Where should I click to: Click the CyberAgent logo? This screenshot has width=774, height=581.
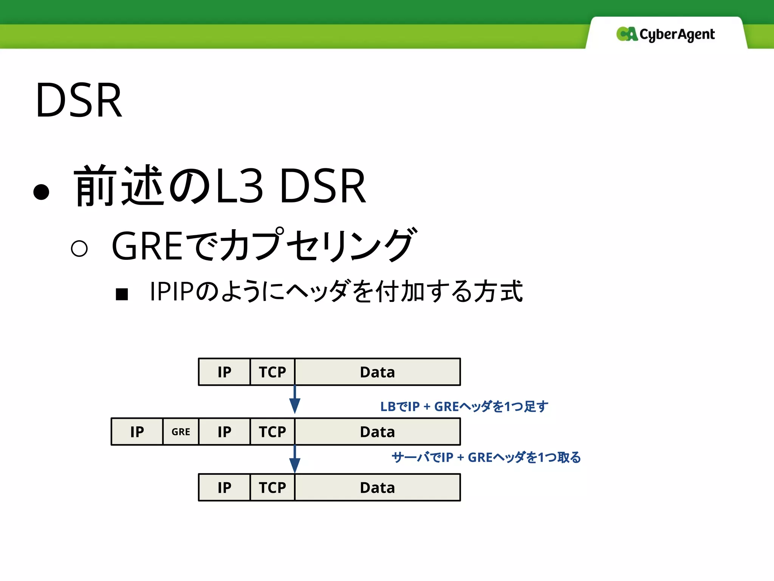(666, 34)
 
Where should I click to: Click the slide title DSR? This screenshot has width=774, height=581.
(79, 101)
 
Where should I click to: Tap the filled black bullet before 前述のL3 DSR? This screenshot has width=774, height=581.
(41, 191)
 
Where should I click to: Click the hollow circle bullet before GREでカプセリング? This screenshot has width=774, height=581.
(79, 249)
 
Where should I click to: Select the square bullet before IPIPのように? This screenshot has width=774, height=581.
(122, 294)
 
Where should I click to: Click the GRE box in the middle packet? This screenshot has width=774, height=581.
(181, 432)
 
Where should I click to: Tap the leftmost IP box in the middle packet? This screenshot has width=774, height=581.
(137, 432)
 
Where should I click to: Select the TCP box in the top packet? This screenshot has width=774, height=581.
(272, 372)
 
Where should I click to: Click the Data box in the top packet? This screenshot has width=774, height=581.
(377, 372)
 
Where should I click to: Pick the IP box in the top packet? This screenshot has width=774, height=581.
(224, 372)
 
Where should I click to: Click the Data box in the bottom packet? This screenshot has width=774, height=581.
(377, 488)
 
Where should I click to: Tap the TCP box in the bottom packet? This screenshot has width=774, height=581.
(272, 488)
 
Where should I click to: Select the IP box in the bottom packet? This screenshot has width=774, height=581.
(224, 488)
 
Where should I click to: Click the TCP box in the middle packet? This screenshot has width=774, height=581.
(272, 432)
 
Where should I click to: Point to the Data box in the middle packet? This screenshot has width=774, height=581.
(377, 432)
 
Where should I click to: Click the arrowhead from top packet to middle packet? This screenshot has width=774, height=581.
(295, 405)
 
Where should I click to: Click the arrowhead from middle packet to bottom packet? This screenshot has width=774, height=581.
(295, 465)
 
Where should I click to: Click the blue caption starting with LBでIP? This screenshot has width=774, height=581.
(464, 407)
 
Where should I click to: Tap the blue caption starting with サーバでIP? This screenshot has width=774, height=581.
(486, 457)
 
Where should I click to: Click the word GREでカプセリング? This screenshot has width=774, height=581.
(263, 246)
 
